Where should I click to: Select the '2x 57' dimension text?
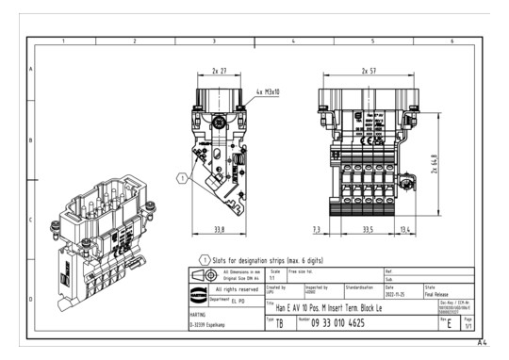tap(370, 71)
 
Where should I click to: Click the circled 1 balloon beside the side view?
tap(182, 176)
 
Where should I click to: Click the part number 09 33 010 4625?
tap(353, 323)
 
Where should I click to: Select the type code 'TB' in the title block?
tap(280, 323)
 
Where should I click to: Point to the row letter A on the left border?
tap(30, 71)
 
